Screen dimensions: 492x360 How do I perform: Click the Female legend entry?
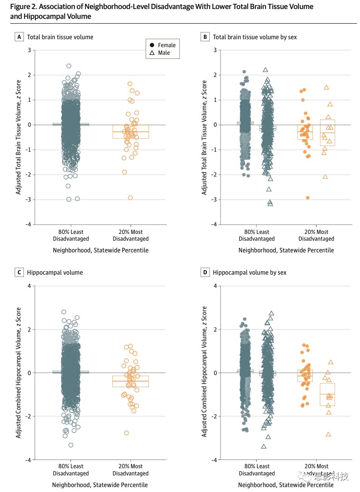163,45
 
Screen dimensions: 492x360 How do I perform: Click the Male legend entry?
160,53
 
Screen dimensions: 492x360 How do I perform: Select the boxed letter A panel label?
19,37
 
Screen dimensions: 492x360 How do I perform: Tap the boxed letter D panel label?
205,272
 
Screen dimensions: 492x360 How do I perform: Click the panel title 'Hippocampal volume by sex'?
249,272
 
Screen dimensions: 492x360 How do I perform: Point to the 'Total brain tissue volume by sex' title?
255,37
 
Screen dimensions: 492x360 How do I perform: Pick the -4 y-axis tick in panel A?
28,224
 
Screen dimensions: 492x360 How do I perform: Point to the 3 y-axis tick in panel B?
215,50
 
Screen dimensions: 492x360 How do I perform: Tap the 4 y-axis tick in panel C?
29,286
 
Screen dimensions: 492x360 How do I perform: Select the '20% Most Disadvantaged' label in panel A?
131,235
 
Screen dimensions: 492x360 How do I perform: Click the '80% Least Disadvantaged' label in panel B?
257,235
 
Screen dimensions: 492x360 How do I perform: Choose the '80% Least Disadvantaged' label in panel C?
71,470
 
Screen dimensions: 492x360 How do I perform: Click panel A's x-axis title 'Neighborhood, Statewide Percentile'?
101,250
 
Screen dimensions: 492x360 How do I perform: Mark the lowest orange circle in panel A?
130,197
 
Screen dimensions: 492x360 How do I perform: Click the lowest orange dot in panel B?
308,198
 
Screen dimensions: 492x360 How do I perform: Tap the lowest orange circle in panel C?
126,433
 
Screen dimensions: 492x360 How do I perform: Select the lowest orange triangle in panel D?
328,434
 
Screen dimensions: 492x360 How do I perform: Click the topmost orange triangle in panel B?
326,88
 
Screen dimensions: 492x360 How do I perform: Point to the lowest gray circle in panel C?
71,445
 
